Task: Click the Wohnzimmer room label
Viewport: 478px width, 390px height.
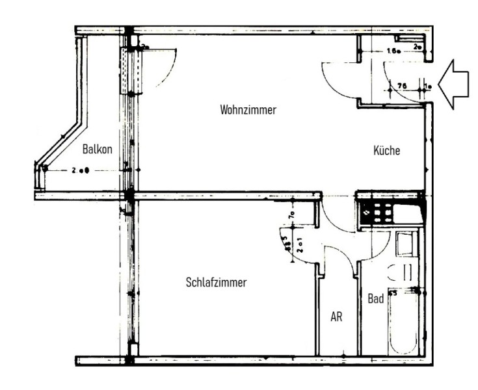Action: point(248,110)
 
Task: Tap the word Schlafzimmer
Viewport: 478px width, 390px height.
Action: point(216,283)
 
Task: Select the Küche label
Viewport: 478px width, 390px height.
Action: point(386,151)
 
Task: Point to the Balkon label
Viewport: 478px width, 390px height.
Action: point(98,149)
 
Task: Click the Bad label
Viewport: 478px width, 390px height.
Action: point(375,299)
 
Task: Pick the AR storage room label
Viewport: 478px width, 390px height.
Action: point(336,317)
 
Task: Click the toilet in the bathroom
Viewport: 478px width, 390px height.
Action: point(405,271)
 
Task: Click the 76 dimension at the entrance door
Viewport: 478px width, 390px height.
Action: point(402,84)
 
